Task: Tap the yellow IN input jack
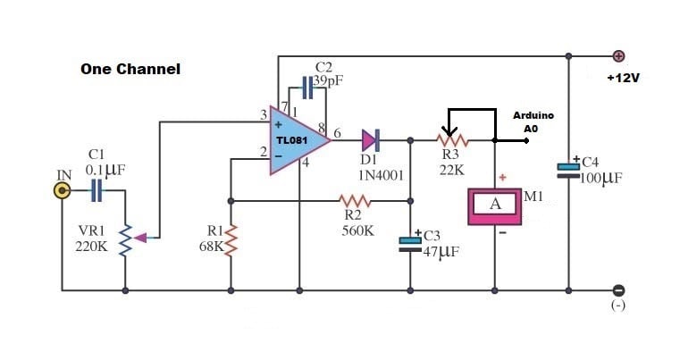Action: pyautogui.click(x=62, y=190)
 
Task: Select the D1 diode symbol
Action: pyautogui.click(x=371, y=139)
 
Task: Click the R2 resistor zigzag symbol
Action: pyautogui.click(x=356, y=200)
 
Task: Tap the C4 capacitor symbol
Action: pyautogui.click(x=568, y=169)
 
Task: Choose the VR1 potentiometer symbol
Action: pyautogui.click(x=125, y=238)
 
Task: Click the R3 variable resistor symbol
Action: pyautogui.click(x=453, y=139)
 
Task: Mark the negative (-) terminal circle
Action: pyautogui.click(x=618, y=289)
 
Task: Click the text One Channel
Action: pyautogui.click(x=130, y=69)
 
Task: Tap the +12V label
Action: pyautogui.click(x=623, y=79)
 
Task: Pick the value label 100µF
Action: pyautogui.click(x=600, y=179)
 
